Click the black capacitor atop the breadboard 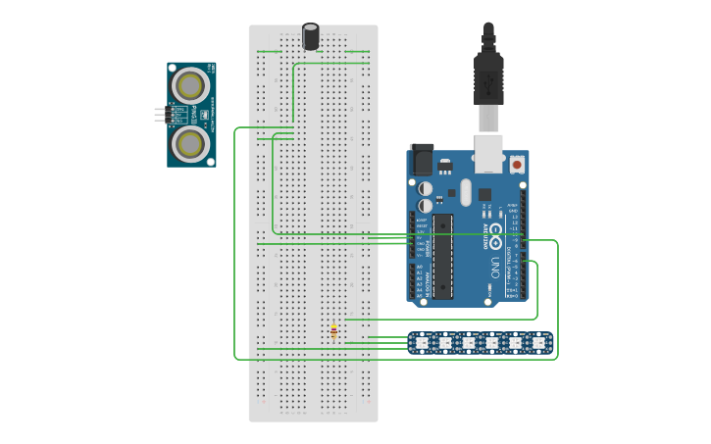pos(311,36)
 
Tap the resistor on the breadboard pos(334,333)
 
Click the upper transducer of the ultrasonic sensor pos(190,85)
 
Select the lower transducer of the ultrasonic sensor pos(190,144)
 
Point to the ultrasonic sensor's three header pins pos(161,115)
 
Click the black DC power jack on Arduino pos(421,160)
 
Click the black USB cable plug pos(487,78)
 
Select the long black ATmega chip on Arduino pos(443,255)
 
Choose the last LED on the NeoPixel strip pos(537,343)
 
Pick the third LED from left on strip pos(468,343)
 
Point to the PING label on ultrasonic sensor pos(203,115)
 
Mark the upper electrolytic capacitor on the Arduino pos(426,187)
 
